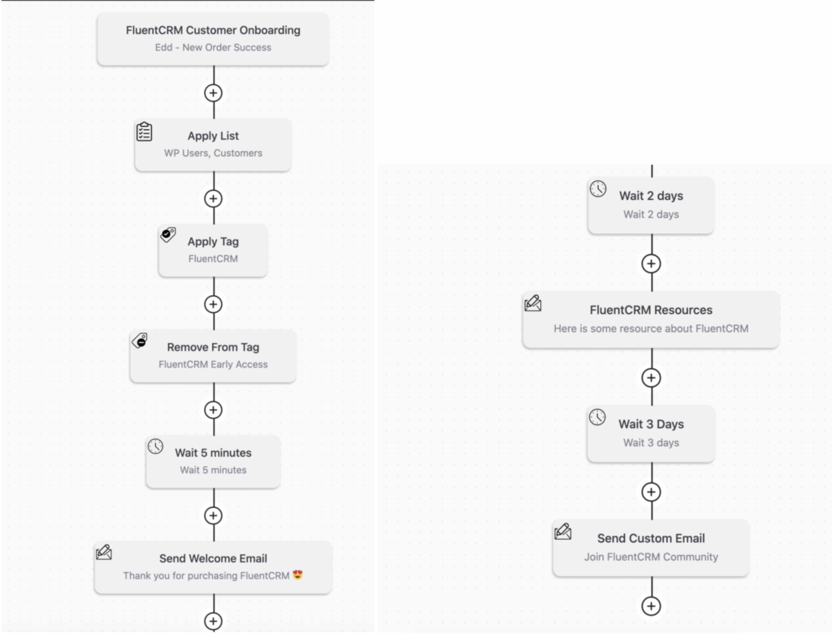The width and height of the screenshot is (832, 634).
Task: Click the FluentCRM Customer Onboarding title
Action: [213, 30]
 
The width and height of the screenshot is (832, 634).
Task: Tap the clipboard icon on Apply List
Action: [145, 132]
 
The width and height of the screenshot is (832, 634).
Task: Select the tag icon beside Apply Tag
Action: [168, 234]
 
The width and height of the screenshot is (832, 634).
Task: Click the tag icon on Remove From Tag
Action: [140, 341]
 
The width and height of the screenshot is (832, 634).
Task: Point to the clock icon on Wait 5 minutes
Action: [155, 446]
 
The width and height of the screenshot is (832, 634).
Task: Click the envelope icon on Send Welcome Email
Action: [104, 552]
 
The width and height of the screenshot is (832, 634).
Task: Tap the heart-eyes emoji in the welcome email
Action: [297, 575]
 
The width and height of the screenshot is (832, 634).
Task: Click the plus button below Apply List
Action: [214, 198]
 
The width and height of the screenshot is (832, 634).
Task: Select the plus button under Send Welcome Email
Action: [214, 621]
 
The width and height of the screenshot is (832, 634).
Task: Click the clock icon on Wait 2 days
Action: [598, 189]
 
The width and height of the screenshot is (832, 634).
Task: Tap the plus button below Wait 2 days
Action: [651, 264]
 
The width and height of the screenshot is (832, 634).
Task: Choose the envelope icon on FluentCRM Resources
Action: [533, 303]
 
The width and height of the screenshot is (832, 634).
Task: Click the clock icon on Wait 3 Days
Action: [597, 417]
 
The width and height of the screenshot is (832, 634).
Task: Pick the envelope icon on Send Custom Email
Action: [563, 532]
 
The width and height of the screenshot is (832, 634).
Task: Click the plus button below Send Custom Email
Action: [651, 606]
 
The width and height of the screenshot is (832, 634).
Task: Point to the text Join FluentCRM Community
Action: [651, 557]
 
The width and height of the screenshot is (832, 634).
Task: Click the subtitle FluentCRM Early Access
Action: [213, 364]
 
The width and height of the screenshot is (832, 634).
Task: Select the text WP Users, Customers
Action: [213, 153]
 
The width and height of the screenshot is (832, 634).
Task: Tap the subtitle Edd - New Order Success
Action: [213, 47]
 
